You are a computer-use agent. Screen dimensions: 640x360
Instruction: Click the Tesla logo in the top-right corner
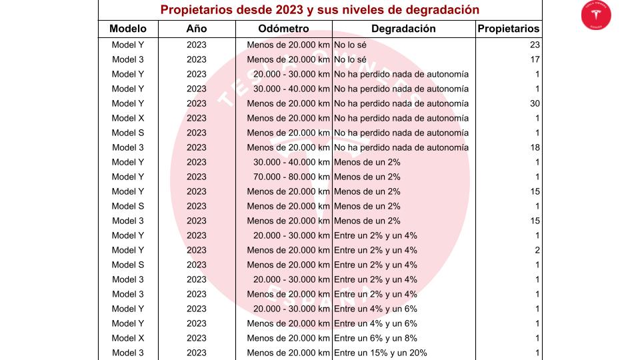click(596, 15)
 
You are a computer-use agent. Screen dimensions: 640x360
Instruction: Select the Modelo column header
click(128, 29)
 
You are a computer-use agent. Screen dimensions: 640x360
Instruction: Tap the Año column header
click(196, 29)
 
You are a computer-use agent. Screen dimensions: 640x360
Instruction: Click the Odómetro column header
click(283, 29)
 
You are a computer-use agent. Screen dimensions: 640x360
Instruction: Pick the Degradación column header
click(403, 29)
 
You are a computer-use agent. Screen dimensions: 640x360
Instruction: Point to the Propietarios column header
click(508, 29)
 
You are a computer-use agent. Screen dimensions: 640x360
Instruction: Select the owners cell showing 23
click(535, 45)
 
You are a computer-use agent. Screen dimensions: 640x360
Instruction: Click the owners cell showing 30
click(535, 104)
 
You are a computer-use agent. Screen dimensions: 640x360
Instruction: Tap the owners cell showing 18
click(535, 148)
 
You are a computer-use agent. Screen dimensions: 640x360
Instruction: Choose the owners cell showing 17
click(535, 59)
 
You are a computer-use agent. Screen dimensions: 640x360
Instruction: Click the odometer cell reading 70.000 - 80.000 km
click(291, 177)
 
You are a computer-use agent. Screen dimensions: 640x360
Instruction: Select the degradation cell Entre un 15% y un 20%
click(381, 353)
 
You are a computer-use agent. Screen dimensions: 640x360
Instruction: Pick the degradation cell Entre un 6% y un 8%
click(375, 339)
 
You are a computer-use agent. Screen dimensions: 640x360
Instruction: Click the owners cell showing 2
click(537, 251)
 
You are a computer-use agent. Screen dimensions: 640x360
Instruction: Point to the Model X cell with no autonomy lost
click(128, 119)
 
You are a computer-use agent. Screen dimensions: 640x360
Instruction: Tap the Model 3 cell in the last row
click(128, 353)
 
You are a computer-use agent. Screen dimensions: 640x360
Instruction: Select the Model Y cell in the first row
click(128, 45)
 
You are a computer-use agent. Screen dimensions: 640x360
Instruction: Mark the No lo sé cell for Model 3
click(350, 59)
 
